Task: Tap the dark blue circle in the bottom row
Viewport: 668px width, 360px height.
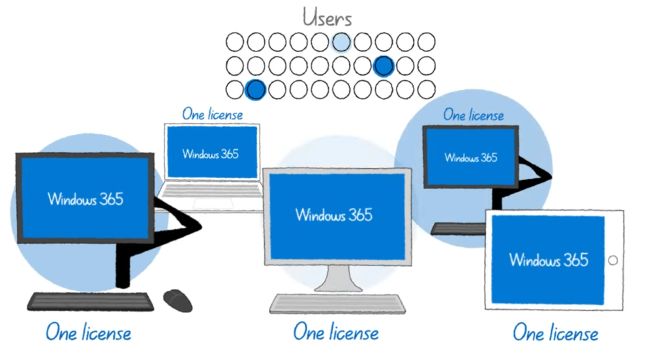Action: [254, 89]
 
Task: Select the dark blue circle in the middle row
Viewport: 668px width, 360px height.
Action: [384, 65]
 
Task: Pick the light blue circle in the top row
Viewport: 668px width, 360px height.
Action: [341, 42]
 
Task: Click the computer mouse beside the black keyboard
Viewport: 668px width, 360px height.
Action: [177, 300]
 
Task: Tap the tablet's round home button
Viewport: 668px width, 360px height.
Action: [612, 260]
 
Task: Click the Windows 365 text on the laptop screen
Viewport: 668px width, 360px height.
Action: [211, 154]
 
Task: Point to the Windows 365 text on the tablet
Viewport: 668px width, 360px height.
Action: [549, 260]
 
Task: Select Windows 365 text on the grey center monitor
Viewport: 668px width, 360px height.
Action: [333, 214]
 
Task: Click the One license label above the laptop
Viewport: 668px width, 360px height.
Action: [212, 114]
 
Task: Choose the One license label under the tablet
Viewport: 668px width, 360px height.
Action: [555, 333]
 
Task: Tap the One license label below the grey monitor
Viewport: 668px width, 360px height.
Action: [335, 332]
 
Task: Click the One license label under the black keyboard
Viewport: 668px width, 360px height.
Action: [88, 333]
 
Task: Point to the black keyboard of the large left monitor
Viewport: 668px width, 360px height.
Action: [91, 301]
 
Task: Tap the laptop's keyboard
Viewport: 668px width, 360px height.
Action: [211, 190]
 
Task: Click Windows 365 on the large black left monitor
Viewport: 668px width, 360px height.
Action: [85, 198]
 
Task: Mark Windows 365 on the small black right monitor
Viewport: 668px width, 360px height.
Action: [470, 157]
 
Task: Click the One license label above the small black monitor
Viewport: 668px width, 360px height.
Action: [474, 115]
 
